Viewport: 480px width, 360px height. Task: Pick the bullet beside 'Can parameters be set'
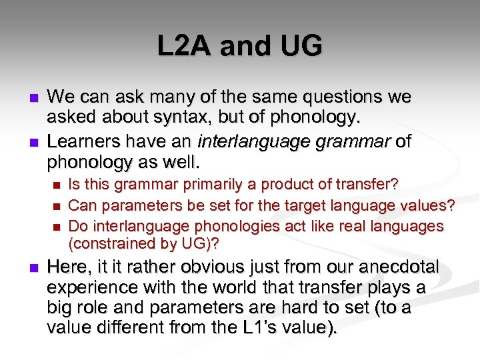click(57, 206)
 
